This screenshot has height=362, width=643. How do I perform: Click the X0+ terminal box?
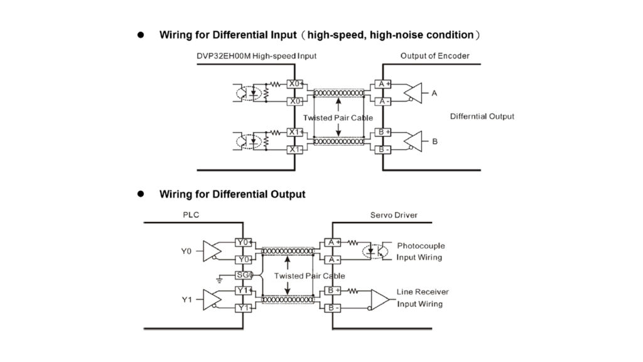295,84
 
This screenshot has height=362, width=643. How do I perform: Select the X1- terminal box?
295,150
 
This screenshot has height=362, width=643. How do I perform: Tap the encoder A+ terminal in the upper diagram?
381,84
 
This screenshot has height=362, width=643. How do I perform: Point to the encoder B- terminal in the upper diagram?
381,150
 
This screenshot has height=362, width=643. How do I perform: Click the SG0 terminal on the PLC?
244,275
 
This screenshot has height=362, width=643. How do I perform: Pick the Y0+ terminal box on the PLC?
243,242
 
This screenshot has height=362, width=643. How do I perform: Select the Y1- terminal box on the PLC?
243,308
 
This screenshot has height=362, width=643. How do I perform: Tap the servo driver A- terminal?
332,259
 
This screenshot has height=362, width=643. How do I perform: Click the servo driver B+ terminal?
332,291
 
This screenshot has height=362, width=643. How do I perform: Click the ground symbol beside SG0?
219,278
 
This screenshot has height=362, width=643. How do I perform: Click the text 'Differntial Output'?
482,116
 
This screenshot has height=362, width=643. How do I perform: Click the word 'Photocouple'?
420,246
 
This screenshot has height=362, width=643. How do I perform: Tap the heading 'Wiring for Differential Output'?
232,194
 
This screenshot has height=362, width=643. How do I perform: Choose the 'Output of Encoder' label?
435,56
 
